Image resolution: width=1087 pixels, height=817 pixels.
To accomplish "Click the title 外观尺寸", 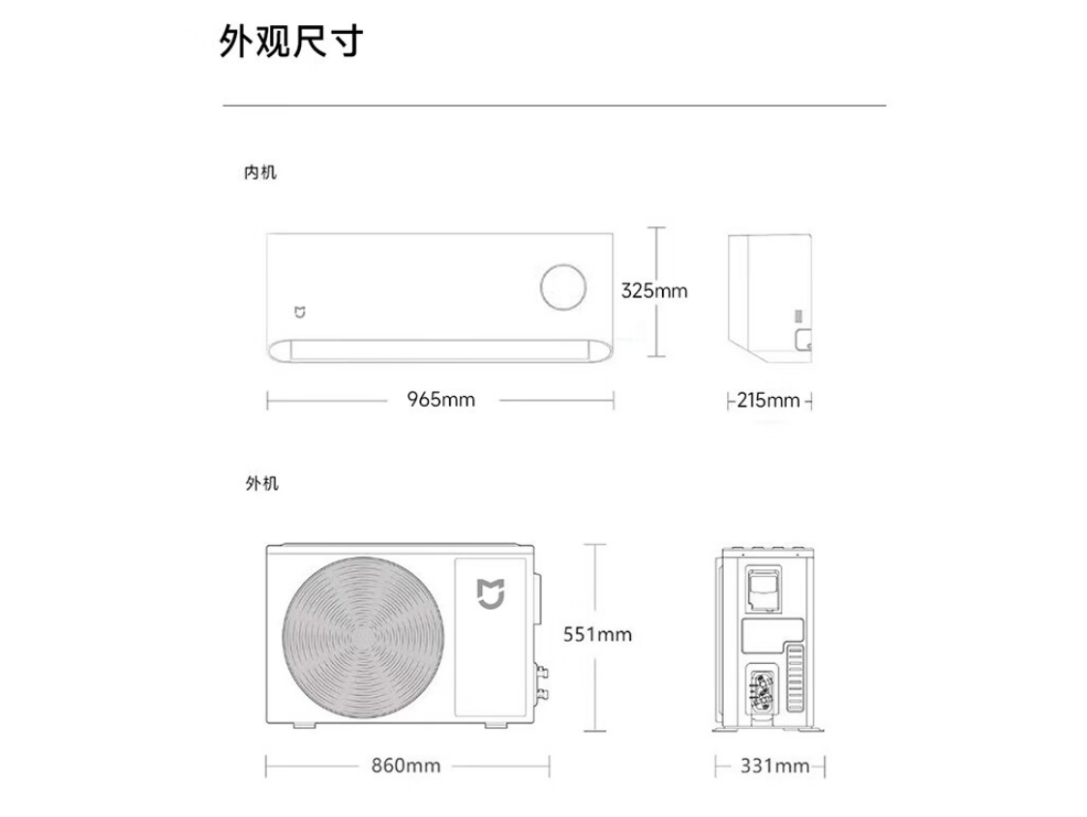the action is tap(291, 41).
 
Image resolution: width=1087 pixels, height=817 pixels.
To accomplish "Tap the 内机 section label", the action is tap(260, 172).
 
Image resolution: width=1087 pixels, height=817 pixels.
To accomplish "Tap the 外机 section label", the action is tap(261, 483).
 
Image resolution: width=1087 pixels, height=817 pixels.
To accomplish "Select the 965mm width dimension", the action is tap(441, 400).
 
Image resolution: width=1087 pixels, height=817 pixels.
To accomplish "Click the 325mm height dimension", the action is tap(653, 290).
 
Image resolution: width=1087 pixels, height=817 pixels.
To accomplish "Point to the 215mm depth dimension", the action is tap(769, 400).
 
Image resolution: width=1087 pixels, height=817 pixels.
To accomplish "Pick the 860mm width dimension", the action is tap(407, 766).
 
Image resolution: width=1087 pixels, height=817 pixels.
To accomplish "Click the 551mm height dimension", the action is tap(597, 635).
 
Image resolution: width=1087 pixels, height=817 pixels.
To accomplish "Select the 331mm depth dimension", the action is tap(774, 766).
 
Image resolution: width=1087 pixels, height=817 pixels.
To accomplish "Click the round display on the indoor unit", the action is tap(563, 287).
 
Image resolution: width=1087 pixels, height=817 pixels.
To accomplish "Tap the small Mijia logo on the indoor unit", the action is tap(299, 312).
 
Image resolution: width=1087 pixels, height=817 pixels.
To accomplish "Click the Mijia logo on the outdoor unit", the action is tap(490, 594).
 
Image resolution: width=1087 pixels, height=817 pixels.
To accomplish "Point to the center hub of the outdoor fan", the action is tap(363, 637).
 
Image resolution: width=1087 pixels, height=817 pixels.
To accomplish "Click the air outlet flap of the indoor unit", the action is tap(440, 350).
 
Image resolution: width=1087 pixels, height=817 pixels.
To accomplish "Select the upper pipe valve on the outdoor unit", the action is tap(542, 672).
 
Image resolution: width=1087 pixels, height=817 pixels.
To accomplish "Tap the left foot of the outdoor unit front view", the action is tap(304, 725).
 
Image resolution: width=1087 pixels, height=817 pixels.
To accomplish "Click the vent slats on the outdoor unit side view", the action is tap(795, 678).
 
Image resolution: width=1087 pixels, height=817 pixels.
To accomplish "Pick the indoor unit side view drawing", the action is tap(770, 298).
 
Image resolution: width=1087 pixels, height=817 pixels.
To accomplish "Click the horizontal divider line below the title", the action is tap(554, 106).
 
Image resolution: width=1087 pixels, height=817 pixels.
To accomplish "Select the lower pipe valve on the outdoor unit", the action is tap(542, 694).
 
